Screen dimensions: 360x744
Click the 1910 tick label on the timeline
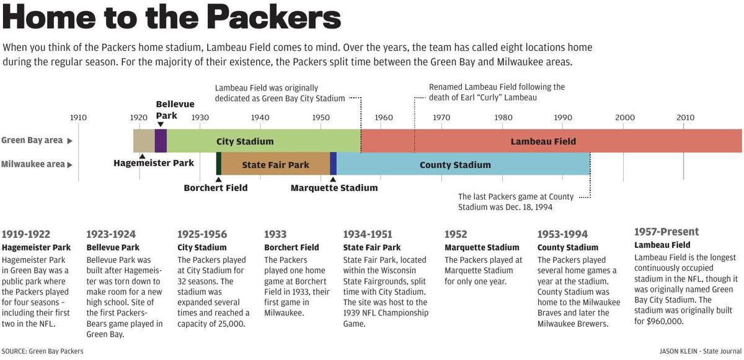(x=78, y=118)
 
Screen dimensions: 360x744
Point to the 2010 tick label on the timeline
(x=685, y=118)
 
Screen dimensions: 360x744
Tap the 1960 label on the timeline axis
(x=384, y=118)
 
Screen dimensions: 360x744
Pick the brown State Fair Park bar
(x=275, y=165)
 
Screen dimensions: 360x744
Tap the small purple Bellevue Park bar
(x=161, y=141)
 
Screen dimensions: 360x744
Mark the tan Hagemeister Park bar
(x=144, y=141)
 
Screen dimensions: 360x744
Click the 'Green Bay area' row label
(x=32, y=141)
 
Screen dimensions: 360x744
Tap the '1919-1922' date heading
(x=26, y=234)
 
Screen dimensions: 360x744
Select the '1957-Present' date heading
(x=666, y=232)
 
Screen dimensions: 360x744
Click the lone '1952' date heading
(x=456, y=234)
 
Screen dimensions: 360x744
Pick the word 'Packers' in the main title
(x=273, y=17)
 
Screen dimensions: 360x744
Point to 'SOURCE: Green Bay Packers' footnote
(x=42, y=351)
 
